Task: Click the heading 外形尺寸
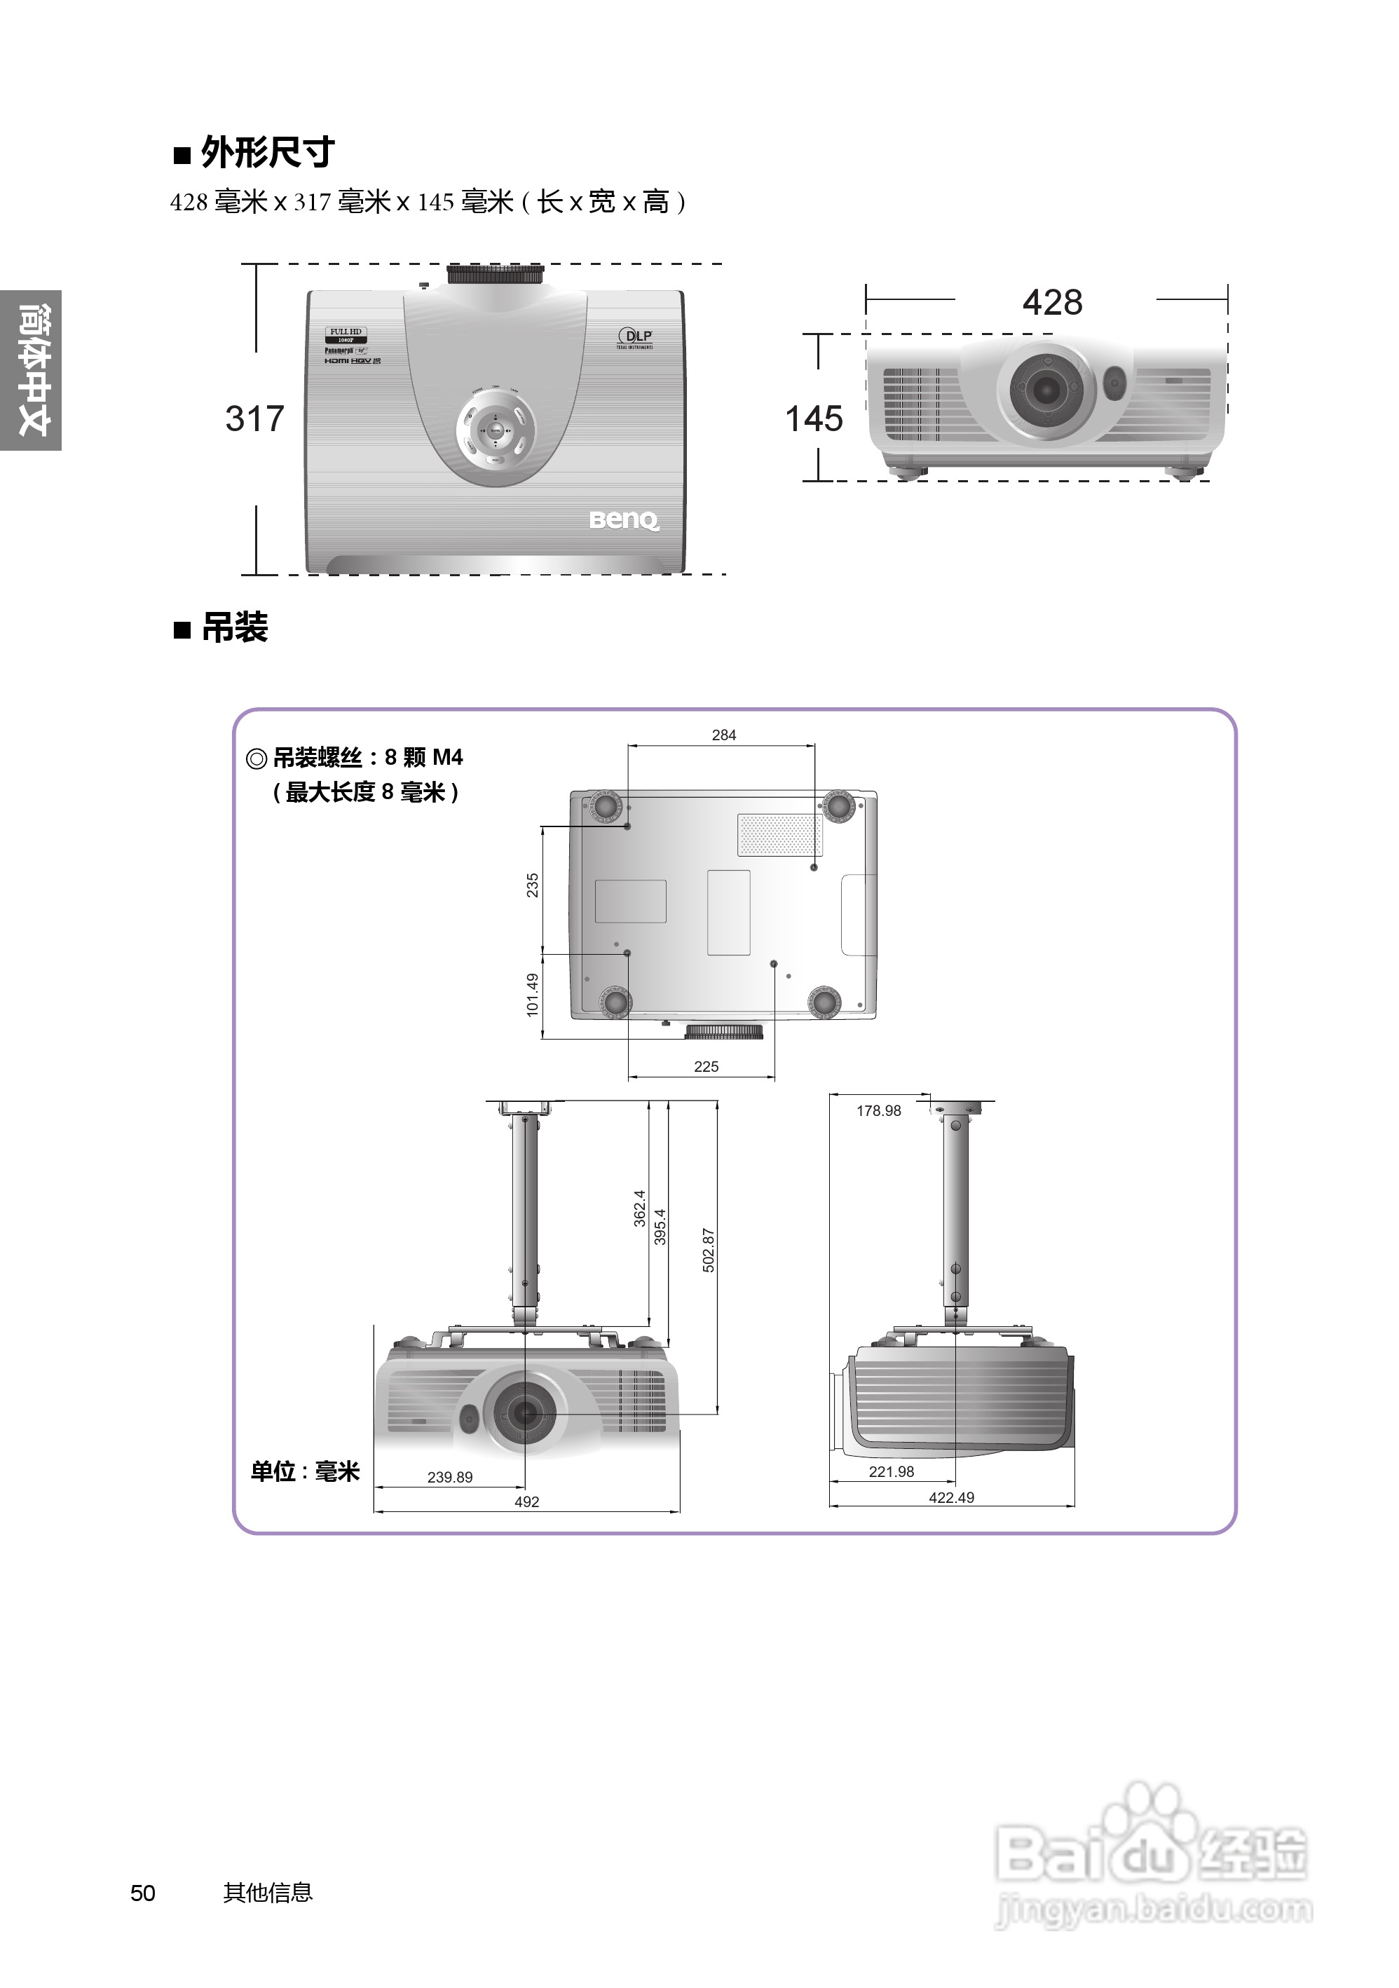click(266, 154)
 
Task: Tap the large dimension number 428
click(1052, 303)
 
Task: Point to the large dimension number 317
click(254, 419)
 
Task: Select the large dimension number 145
click(814, 419)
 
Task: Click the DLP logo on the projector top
click(636, 336)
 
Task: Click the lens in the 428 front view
click(1046, 390)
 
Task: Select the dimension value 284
click(724, 735)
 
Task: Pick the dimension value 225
click(707, 1067)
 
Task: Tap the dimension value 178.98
click(879, 1111)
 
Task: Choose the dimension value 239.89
click(450, 1477)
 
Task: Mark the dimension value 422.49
click(951, 1498)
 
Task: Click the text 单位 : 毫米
click(305, 1471)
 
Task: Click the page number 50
click(143, 1893)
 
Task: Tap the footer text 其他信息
click(268, 1893)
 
